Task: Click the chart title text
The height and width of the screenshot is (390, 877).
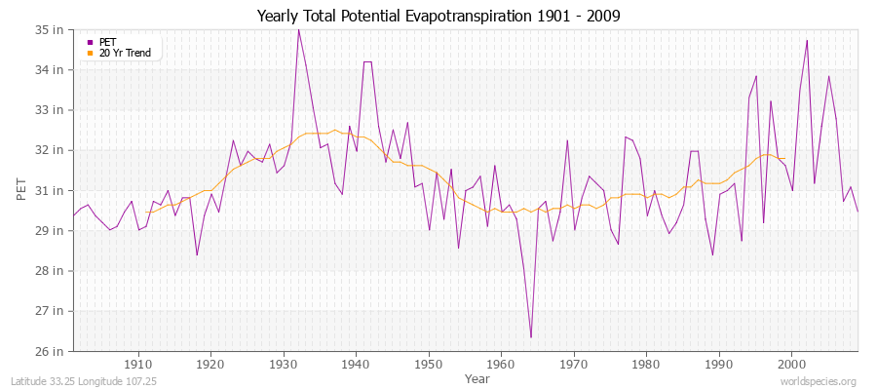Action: (438, 16)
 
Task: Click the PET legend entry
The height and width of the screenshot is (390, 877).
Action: (107, 42)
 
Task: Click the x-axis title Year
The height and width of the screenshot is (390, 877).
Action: (477, 377)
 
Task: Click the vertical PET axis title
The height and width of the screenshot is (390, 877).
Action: (21, 190)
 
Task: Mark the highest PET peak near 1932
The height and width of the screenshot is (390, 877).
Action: (298, 30)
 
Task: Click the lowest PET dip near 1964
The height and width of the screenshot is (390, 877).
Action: (530, 337)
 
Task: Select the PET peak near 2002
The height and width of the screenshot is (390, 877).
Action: (807, 41)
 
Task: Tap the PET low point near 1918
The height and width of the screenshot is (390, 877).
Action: (197, 255)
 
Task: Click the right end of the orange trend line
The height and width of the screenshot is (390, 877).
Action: (784, 158)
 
